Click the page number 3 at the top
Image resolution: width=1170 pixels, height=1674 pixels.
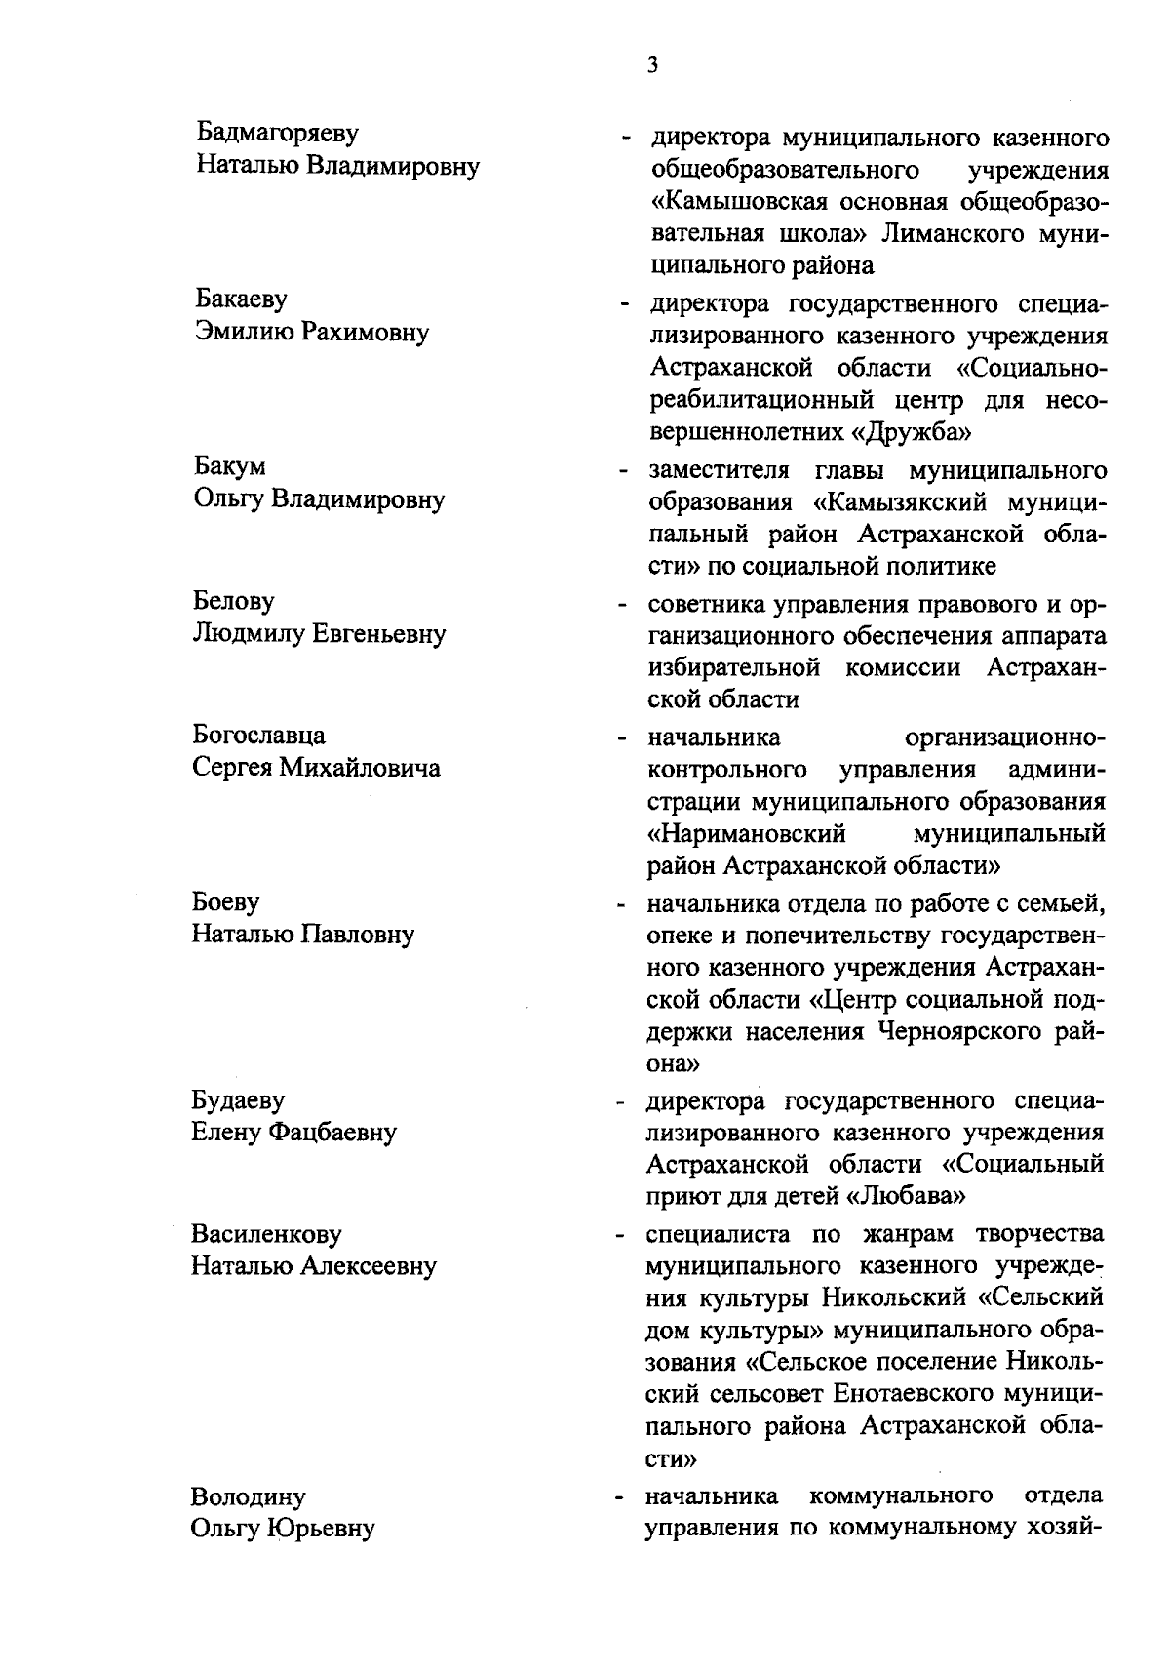pos(651,65)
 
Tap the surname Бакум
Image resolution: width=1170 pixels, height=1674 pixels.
pos(230,466)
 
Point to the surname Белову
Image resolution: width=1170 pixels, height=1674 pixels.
pos(234,601)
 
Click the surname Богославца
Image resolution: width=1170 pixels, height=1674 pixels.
pos(259,735)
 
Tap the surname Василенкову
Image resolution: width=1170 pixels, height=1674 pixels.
pos(267,1234)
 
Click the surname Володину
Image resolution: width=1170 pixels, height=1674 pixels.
pos(249,1496)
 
